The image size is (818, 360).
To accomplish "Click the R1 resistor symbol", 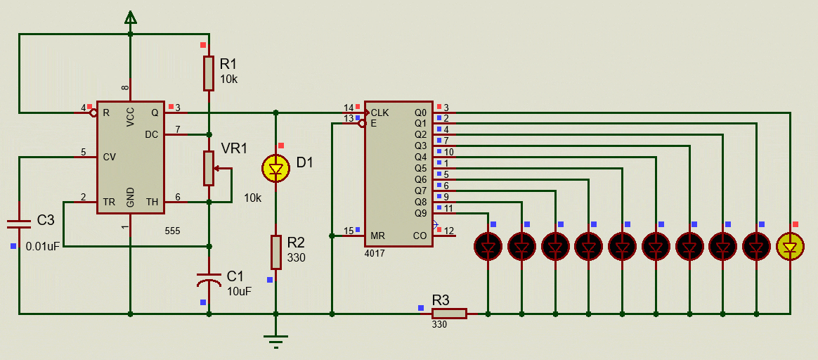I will click(209, 73).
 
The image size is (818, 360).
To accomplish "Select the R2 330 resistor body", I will click(276, 252).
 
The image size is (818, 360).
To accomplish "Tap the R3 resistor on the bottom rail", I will click(448, 314).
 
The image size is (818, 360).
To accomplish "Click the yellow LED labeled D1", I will click(275, 169).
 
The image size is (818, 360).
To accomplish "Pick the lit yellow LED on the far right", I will click(791, 246).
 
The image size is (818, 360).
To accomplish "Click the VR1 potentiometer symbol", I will click(209, 168).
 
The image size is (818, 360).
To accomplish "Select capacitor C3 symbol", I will click(19, 223).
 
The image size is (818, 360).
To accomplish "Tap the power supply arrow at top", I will click(130, 18).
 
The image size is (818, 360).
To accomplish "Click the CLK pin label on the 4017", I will click(380, 112).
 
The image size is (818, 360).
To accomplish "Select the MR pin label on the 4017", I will click(377, 236).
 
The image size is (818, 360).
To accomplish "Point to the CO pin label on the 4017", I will click(420, 236).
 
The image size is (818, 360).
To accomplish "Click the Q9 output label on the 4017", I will click(420, 213).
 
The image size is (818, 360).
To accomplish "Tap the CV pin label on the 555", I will click(109, 157).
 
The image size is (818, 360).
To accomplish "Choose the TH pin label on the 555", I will click(152, 201).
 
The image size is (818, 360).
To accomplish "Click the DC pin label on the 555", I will click(152, 134).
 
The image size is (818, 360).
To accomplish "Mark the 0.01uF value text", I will click(43, 247).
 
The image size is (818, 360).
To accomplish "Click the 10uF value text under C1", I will click(239, 290).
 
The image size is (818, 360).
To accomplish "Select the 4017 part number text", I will click(375, 252).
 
